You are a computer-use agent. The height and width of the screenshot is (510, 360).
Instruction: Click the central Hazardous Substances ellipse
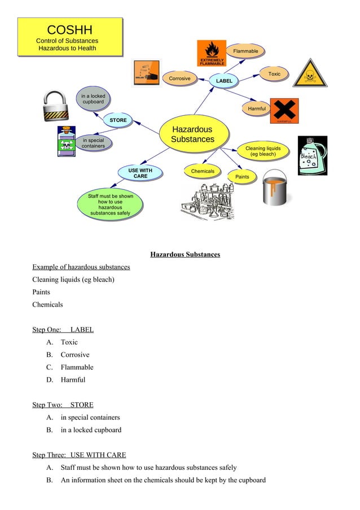click(192, 134)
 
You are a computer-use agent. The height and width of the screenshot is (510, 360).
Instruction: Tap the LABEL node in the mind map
click(224, 81)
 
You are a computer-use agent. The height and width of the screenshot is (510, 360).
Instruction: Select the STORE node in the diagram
click(118, 120)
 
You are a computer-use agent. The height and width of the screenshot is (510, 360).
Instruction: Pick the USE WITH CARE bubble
click(140, 173)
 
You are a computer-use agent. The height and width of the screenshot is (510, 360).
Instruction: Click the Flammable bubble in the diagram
click(245, 51)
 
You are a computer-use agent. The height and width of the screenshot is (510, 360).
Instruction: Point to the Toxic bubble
click(274, 74)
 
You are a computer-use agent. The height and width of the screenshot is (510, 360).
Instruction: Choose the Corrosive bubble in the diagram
click(179, 79)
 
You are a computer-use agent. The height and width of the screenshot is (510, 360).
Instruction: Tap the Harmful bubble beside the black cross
click(257, 108)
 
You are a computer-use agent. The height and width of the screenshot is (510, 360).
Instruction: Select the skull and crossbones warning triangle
click(309, 74)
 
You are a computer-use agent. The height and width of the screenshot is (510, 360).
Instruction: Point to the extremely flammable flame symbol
click(212, 53)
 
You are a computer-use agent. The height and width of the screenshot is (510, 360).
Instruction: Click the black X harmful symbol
click(284, 110)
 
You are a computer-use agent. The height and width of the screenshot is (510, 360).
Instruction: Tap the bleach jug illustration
click(312, 155)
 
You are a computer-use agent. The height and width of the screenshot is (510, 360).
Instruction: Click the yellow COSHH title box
click(70, 37)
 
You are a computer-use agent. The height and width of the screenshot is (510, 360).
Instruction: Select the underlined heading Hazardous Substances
click(185, 255)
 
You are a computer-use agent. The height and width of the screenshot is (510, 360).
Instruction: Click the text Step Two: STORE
click(63, 405)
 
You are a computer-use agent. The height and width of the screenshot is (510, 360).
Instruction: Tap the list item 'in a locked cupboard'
click(91, 430)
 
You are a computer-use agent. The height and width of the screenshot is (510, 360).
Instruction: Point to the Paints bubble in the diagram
click(242, 177)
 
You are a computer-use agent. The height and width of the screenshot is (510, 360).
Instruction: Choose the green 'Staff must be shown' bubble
click(111, 205)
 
